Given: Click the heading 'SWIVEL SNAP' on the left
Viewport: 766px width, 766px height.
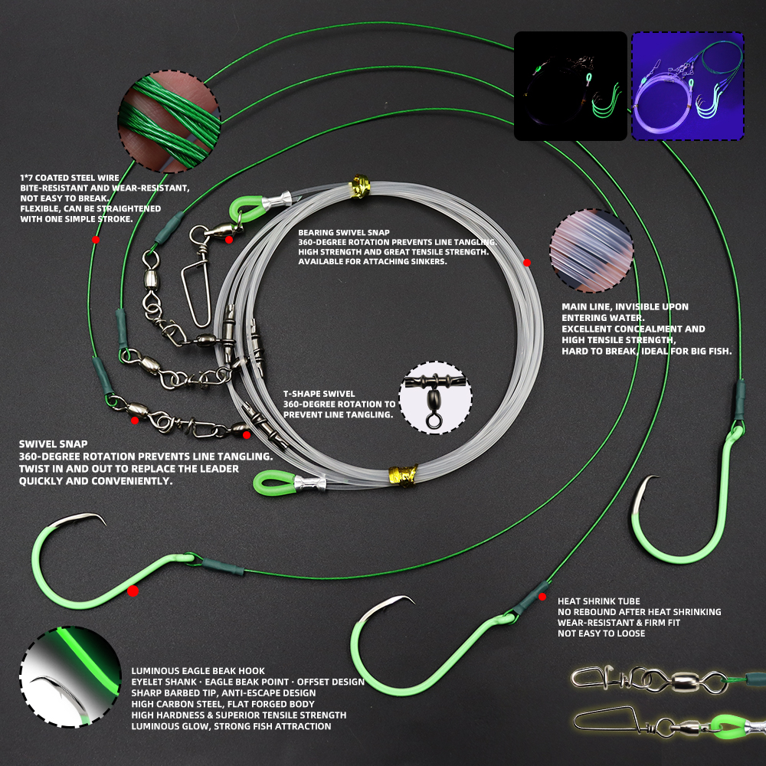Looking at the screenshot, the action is coord(54,444).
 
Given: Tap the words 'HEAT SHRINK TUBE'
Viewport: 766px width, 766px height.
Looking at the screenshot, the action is coord(598,601).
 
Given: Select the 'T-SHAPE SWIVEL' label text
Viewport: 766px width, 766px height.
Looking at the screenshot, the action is coord(319,394).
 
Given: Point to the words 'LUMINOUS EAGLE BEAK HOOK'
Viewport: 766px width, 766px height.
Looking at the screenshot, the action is coord(198,671).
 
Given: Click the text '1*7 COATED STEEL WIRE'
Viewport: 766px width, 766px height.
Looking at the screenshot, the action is coord(70,178).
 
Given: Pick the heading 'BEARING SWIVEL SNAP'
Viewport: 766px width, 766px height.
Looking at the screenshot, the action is coord(344,233).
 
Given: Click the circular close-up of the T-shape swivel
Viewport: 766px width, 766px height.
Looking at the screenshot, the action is coord(435,398).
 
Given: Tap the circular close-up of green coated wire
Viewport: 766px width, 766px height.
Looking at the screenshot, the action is coord(169,121).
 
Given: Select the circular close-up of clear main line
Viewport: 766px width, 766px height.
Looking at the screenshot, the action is coord(591,250).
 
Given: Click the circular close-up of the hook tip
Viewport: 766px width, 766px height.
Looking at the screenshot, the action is coord(70,676).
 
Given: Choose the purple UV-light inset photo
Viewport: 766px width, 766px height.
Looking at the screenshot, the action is coord(688,86).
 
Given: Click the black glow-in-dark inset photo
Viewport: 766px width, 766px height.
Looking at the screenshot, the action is coord(570,86).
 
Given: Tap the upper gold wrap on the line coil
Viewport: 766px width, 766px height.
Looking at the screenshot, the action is coord(361,186).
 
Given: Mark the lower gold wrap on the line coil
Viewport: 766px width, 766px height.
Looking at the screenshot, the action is coord(403,476).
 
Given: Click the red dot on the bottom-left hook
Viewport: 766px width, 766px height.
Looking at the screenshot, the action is coord(133,591).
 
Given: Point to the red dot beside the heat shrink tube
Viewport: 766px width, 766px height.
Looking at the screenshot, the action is coord(542,597).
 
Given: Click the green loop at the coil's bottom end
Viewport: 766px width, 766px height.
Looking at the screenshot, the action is coord(273,483).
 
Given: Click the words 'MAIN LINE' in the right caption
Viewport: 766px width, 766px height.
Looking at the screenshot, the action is coord(584,307).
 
